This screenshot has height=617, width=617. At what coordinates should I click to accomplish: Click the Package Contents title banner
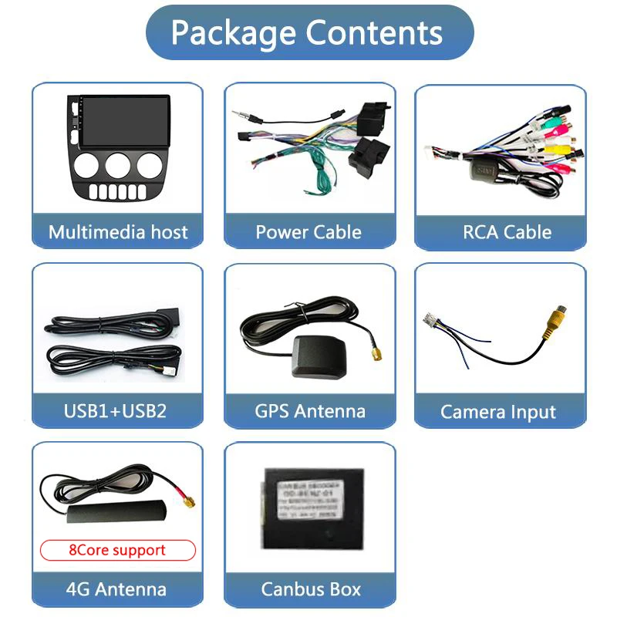[308, 32]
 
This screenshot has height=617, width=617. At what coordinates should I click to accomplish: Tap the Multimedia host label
[117, 232]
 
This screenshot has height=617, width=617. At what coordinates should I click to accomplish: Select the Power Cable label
[308, 232]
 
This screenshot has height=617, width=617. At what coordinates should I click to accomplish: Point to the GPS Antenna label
[309, 410]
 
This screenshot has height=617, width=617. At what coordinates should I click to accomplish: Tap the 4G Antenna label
[116, 589]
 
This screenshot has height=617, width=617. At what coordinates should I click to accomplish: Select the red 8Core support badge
[117, 550]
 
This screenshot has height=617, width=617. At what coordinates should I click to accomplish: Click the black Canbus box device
[308, 504]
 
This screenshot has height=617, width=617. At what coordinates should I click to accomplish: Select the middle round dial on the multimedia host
[118, 164]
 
